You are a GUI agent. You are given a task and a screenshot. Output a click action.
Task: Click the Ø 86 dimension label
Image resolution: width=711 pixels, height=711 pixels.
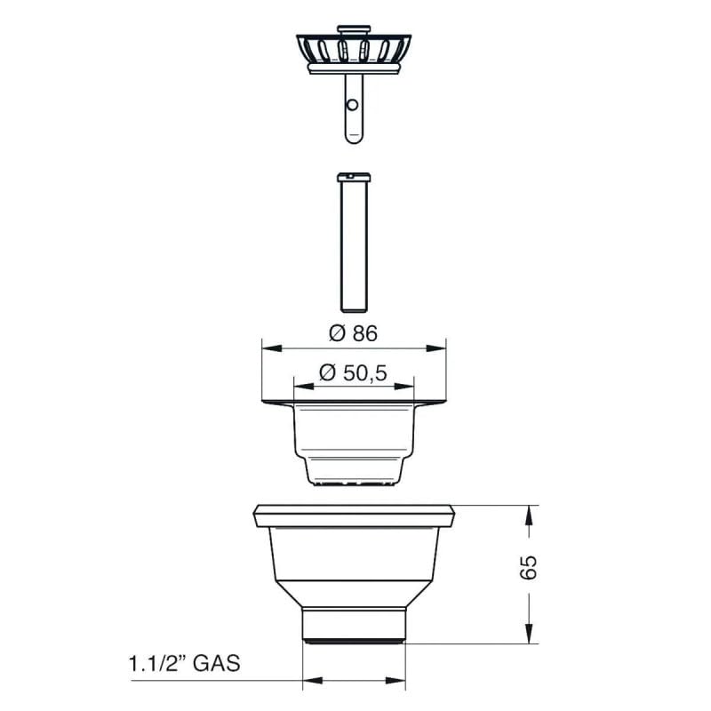(x=354, y=333)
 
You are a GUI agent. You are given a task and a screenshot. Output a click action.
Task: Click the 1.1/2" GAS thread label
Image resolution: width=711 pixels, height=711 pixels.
(x=183, y=663)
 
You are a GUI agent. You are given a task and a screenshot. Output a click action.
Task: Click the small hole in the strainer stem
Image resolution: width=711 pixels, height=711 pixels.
(x=353, y=105)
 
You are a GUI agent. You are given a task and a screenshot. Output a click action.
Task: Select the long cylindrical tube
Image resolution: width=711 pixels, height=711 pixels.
(x=354, y=244)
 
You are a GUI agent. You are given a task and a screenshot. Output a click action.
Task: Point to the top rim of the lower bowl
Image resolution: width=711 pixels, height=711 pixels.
(x=355, y=514)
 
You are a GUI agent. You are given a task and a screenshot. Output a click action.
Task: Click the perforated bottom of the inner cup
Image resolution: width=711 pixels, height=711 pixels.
(x=354, y=482)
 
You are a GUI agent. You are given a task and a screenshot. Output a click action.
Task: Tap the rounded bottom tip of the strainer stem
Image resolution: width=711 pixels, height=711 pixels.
(x=353, y=139)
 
